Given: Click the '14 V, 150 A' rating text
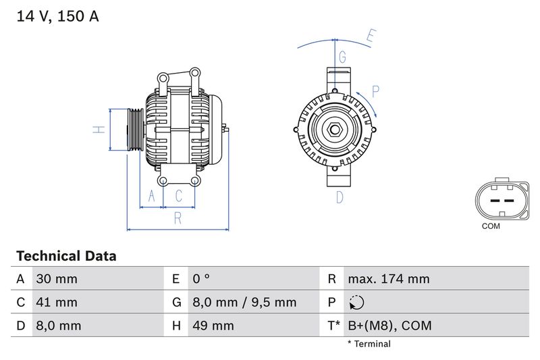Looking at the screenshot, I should click(57, 17).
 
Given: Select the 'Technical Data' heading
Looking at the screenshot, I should click(66, 256).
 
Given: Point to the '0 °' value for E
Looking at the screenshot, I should click(201, 279).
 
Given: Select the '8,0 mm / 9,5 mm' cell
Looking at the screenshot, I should click(244, 302).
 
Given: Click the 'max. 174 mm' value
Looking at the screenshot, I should click(388, 279).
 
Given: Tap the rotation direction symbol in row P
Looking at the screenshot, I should click(357, 303).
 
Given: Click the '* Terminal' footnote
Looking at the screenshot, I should click(369, 344).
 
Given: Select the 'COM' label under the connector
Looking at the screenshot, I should click(491, 226).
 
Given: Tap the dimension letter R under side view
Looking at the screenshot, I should click(178, 217).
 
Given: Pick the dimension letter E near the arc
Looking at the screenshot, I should click(370, 36).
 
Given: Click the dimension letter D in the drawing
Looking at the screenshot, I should click(340, 197).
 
